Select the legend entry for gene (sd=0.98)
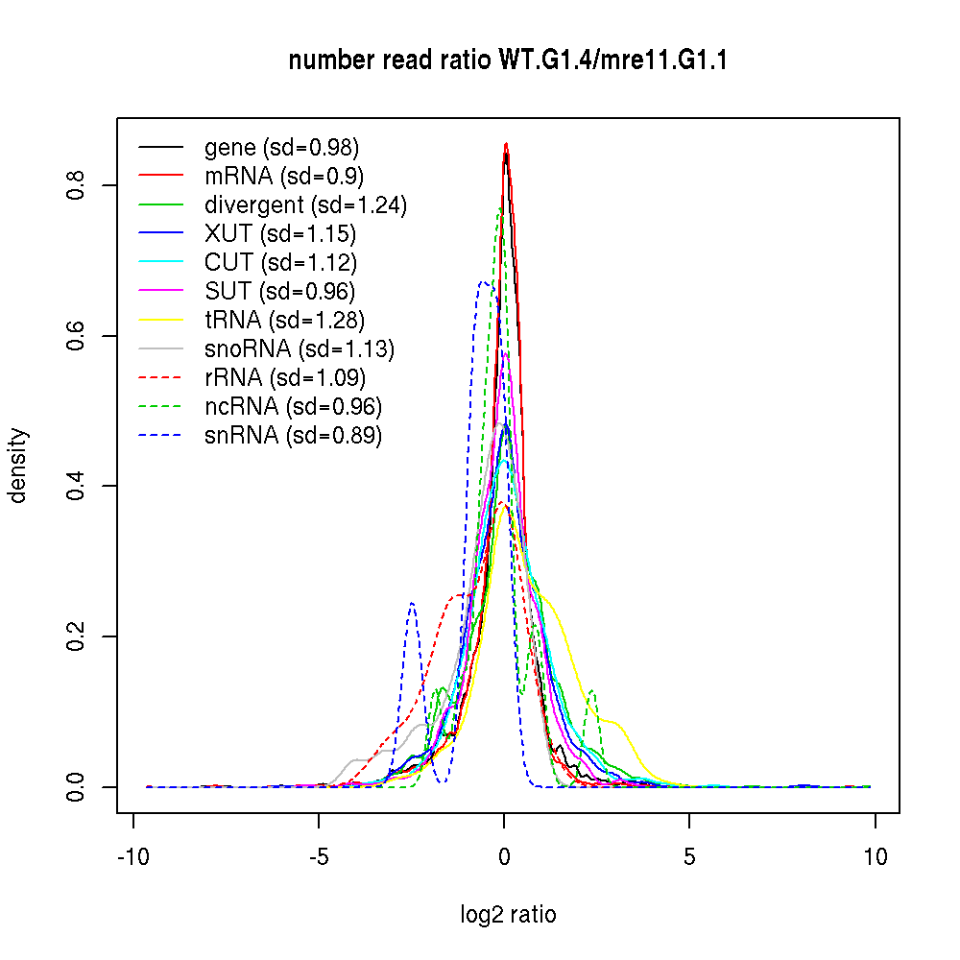click(281, 148)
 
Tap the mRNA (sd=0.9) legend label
click(283, 177)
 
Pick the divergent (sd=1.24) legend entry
click(305, 205)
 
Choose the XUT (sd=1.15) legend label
click(280, 234)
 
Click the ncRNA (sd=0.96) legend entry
click(293, 407)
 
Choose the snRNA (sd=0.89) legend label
click(293, 436)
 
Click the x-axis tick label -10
click(132, 857)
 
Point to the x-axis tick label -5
click(318, 857)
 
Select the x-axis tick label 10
click(875, 857)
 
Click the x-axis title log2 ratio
click(508, 915)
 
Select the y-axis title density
click(18, 465)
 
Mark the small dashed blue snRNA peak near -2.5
click(412, 604)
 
